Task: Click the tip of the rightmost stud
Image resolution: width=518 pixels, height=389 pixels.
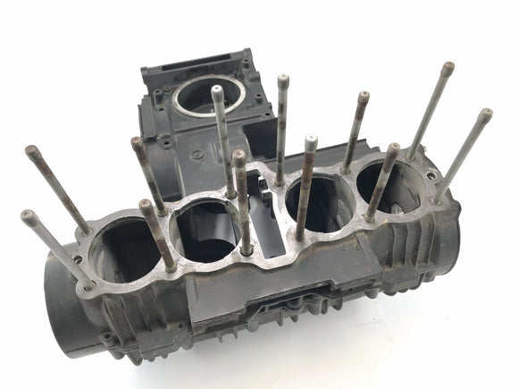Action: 486,114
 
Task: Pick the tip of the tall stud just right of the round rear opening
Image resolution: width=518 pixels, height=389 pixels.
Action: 282,79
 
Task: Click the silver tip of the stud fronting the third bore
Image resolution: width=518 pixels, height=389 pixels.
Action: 310,140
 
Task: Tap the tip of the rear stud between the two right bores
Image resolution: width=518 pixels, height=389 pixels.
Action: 363,95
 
